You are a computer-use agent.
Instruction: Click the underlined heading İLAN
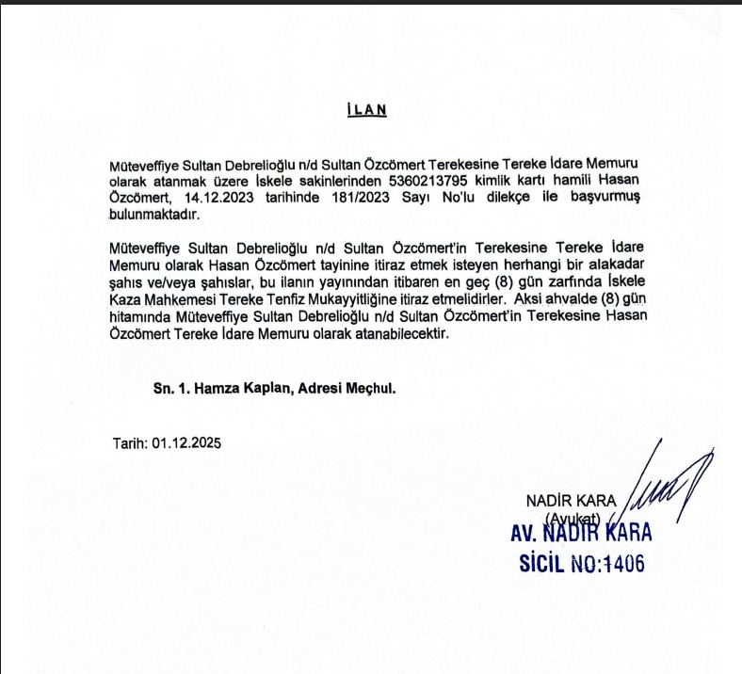tap(368, 109)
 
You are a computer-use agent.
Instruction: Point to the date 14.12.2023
tap(215, 198)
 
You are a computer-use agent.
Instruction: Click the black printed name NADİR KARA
tap(571, 498)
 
